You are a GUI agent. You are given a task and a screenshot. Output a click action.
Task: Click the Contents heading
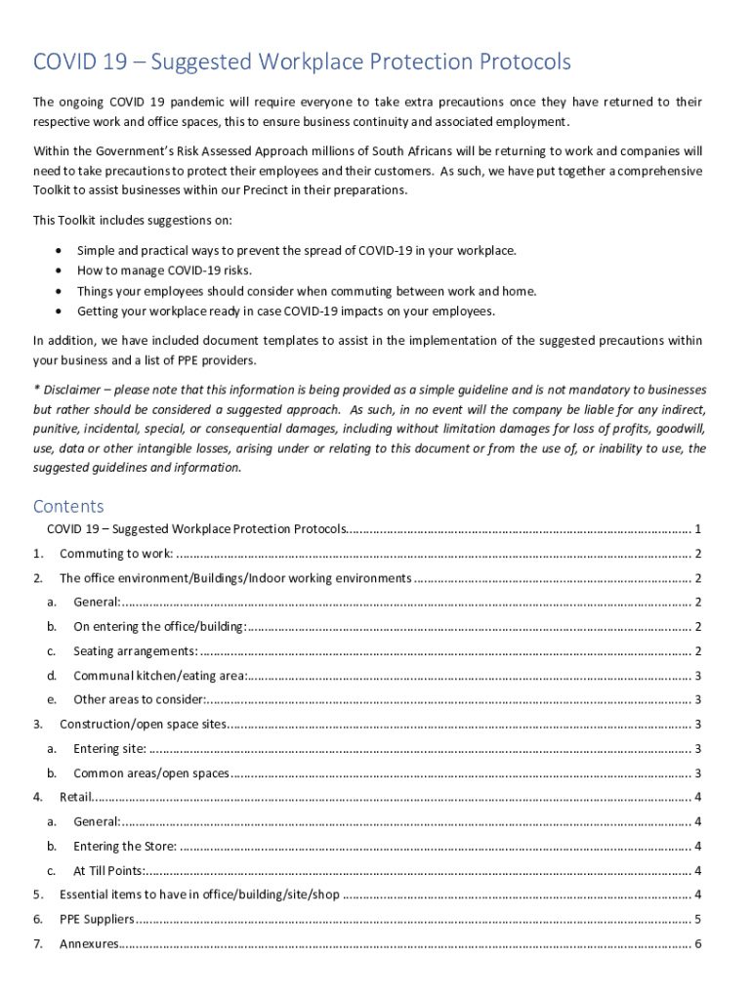point(68,506)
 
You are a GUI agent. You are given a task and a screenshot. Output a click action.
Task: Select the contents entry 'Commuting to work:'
point(116,554)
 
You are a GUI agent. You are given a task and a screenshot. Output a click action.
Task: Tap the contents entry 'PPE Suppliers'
point(95,919)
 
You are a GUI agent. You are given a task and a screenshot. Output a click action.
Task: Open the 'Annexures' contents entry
point(89,943)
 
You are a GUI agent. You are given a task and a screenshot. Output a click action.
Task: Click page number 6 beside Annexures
point(697,943)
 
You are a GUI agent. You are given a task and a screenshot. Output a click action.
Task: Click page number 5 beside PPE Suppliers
point(697,919)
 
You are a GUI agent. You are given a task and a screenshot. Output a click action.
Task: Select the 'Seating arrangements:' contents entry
point(135,651)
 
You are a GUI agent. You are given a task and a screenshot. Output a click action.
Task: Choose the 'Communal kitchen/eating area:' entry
point(159,676)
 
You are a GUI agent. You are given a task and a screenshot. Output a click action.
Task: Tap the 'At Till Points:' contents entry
point(109,870)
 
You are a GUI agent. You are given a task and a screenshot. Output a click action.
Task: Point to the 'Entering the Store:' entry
point(125,846)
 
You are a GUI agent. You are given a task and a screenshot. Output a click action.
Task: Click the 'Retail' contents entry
point(76,797)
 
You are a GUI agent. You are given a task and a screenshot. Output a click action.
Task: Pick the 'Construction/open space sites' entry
point(143,724)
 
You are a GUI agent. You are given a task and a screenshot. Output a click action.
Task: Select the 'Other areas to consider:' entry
point(139,699)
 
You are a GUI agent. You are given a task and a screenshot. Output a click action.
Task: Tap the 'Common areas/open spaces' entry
point(151,773)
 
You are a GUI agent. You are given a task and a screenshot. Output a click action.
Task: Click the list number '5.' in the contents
point(37,895)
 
